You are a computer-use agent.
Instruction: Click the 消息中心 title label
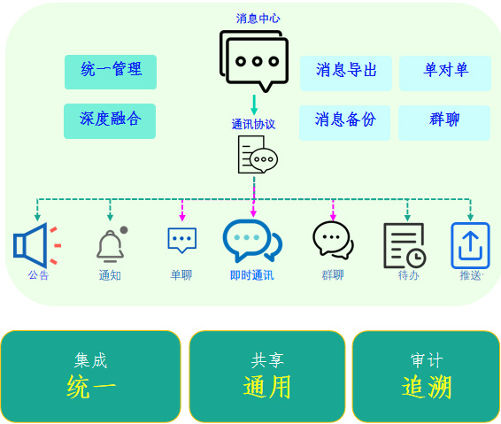[x=258, y=19]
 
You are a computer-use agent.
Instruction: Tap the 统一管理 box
[x=111, y=72]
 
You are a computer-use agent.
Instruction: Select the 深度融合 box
[x=110, y=121]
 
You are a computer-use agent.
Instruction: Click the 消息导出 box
[x=346, y=73]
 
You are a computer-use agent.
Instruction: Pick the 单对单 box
[x=445, y=73]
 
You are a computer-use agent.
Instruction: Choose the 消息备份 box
[x=344, y=123]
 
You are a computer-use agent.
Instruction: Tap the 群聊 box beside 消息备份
[x=444, y=123]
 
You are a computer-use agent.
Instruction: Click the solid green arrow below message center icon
[x=254, y=104]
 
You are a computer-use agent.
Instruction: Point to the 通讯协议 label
[x=253, y=124]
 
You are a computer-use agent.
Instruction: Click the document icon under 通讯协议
[x=258, y=154]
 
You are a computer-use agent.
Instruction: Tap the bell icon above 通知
[x=112, y=244]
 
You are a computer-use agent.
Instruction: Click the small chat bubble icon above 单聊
[x=181, y=240]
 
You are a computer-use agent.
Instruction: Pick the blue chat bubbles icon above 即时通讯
[x=252, y=240]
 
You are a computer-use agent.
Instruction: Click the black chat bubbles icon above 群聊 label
[x=333, y=240]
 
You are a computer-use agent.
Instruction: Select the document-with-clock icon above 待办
[x=405, y=245]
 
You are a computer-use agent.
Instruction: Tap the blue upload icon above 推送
[x=470, y=245]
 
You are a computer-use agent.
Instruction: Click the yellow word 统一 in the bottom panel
[x=91, y=387]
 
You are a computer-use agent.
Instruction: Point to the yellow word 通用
[x=267, y=387]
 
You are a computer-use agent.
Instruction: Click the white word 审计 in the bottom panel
[x=427, y=360]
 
